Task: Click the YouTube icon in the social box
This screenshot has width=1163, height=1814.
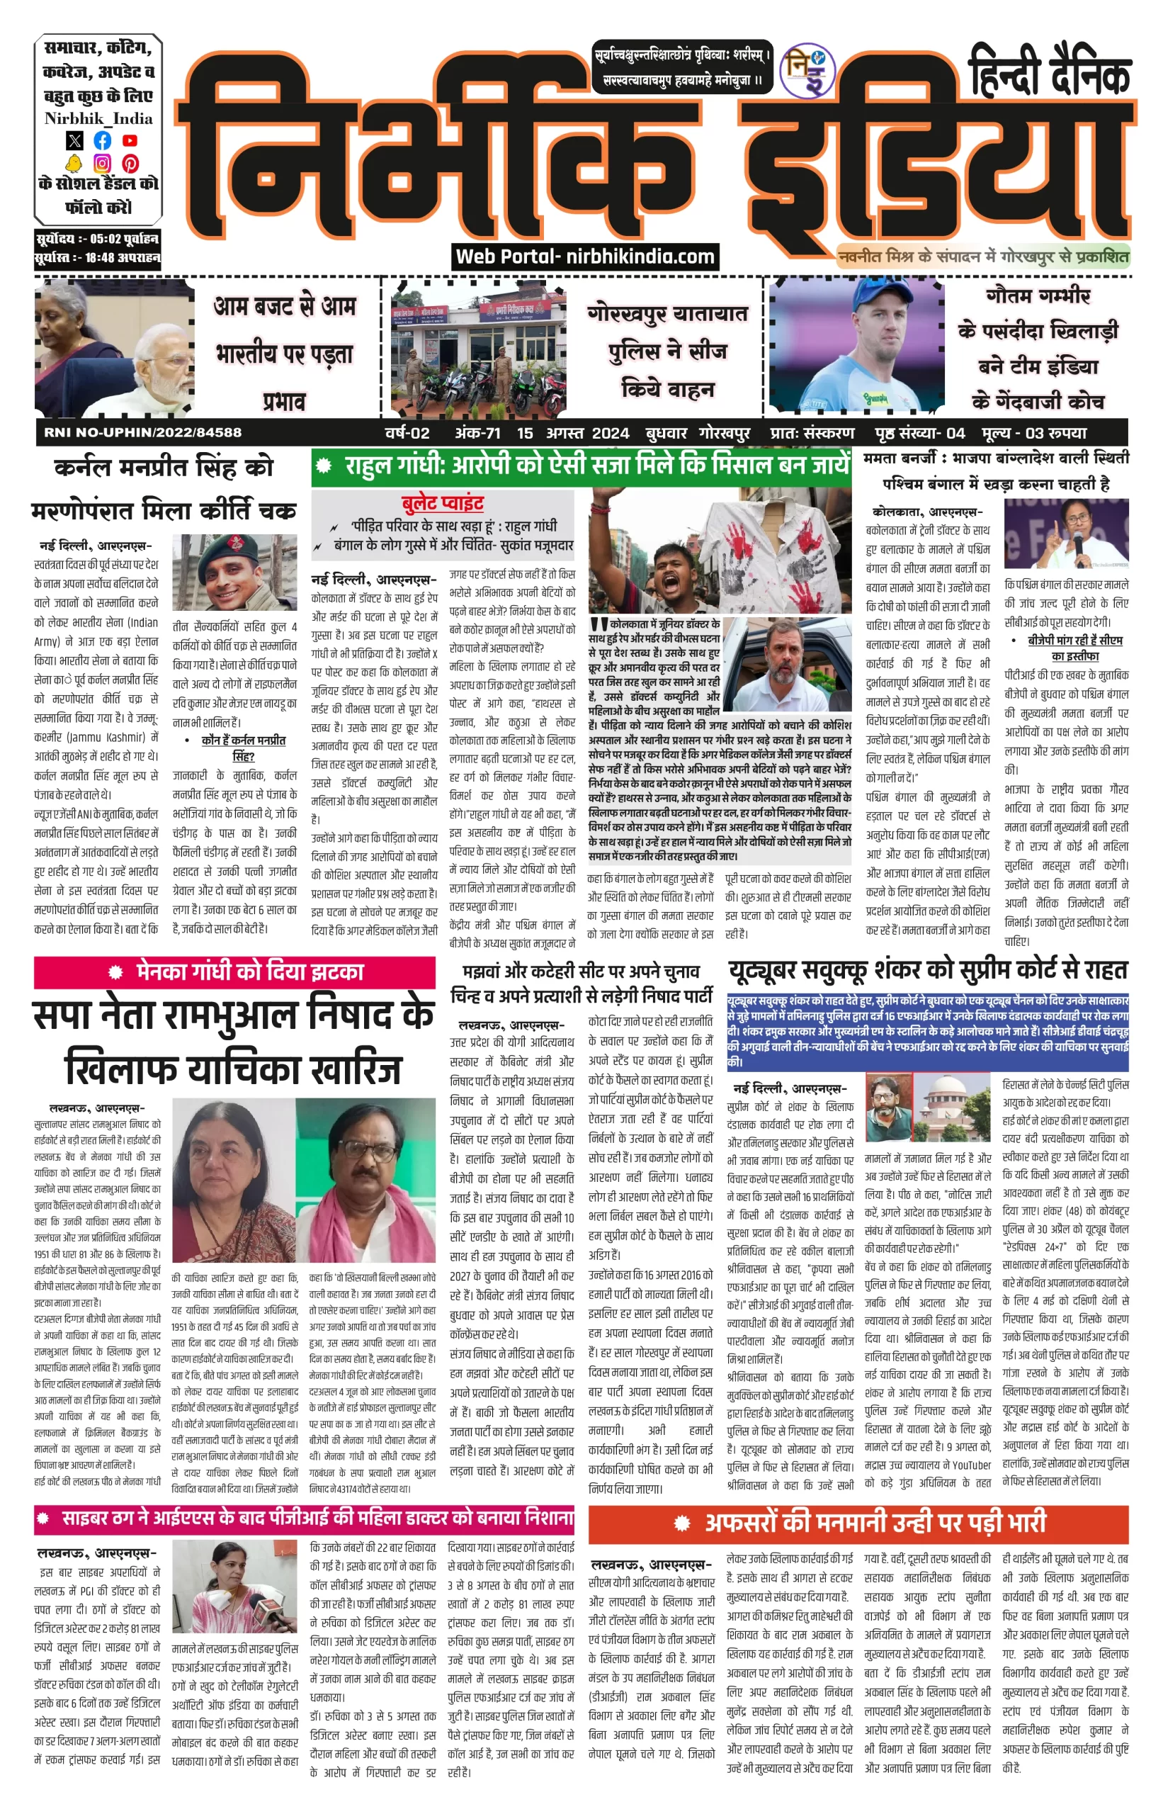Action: pos(130,140)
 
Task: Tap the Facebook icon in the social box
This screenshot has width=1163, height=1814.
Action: pos(102,140)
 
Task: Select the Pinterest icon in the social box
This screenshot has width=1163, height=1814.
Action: pos(130,163)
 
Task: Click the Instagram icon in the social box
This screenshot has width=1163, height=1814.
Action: pos(102,163)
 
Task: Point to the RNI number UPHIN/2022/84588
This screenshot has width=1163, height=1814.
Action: pos(143,433)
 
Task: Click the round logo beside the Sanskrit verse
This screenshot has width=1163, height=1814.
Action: pos(807,71)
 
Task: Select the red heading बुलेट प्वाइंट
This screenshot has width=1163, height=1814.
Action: pos(443,503)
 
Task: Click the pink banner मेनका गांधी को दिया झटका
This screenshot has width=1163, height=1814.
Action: pos(234,971)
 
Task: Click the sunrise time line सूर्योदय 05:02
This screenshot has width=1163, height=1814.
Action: pos(96,239)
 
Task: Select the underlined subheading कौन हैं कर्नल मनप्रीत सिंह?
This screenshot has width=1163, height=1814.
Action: pos(243,748)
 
